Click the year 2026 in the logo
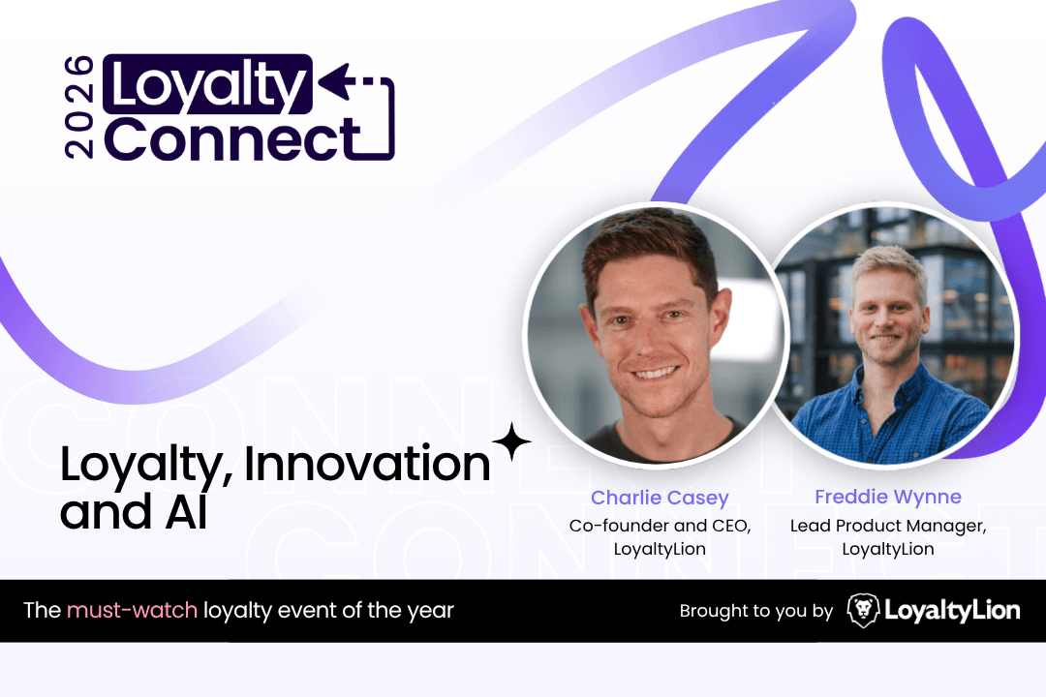click(78, 106)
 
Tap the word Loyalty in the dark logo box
click(208, 85)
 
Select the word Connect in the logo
click(232, 139)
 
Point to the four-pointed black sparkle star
click(511, 441)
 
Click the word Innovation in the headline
click(368, 464)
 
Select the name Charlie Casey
click(660, 498)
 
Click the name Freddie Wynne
click(888, 497)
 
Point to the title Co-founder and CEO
click(660, 526)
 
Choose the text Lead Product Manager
click(888, 526)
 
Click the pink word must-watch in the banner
click(132, 610)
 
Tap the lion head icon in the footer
click(863, 610)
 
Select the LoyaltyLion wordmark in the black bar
click(952, 611)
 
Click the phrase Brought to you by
click(755, 611)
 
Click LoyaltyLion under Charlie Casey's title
click(660, 549)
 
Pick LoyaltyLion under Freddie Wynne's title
click(888, 549)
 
